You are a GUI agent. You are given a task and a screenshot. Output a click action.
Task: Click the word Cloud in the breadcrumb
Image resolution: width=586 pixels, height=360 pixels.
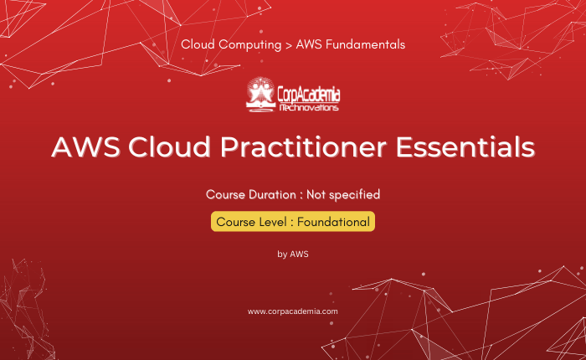198,44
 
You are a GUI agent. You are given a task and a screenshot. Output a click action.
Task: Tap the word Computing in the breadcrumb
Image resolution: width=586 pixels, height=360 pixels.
250,45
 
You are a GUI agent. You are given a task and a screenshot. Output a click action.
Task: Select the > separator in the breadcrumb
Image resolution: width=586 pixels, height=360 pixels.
289,45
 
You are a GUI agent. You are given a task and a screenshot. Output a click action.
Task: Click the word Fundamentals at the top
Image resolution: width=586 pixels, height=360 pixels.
365,44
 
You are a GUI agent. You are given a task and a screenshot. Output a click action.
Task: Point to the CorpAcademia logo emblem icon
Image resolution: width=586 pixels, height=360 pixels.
260,95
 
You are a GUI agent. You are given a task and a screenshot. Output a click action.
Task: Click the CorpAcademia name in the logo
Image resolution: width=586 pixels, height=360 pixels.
309,95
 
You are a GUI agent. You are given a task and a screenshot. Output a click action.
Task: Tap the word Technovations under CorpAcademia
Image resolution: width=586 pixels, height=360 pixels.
309,108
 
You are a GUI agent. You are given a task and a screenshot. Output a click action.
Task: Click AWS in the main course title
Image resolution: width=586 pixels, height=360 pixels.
85,147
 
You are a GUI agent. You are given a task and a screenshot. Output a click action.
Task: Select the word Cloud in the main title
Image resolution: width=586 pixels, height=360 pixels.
170,147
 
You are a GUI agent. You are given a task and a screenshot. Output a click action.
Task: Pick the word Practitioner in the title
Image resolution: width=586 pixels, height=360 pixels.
303,147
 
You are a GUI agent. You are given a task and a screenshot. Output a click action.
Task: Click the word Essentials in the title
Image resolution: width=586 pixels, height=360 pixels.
465,147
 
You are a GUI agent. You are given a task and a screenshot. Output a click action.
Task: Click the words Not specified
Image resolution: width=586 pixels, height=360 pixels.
343,195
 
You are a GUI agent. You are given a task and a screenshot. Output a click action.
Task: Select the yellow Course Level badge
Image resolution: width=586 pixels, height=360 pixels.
293,222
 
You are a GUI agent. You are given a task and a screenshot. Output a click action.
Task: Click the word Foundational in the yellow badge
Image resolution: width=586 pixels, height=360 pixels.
333,222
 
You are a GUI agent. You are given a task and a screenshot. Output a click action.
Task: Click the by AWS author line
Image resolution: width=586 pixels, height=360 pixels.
293,255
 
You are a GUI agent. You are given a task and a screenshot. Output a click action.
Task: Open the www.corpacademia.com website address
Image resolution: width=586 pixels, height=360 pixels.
293,311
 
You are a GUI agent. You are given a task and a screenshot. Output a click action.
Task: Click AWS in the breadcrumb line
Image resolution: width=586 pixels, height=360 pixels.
309,44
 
